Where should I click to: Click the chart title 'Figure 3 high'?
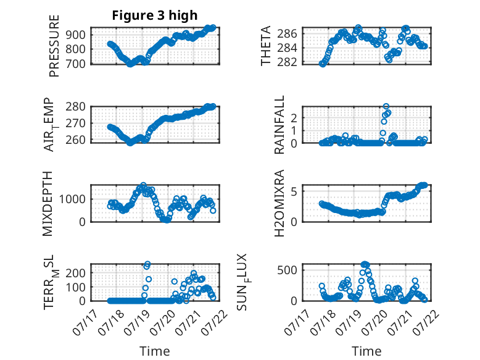click(155, 15)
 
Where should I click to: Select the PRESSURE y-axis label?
click(54, 46)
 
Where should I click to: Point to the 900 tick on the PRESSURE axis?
click(76, 35)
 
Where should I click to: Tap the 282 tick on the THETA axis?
click(287, 62)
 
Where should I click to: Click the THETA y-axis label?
click(266, 46)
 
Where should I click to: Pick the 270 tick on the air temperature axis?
click(76, 123)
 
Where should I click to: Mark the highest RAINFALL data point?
click(386, 107)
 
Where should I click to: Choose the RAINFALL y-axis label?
click(279, 125)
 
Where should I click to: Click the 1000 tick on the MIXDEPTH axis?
click(72, 199)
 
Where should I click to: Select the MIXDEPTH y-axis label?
click(48, 203)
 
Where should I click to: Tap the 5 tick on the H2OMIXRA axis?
click(294, 191)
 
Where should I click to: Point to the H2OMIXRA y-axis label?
click(279, 203)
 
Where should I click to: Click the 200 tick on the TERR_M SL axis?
click(76, 273)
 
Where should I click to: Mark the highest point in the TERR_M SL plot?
click(147, 264)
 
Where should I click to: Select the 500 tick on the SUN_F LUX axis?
click(287, 270)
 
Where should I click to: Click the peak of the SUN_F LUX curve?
click(364, 264)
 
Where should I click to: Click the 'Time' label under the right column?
click(366, 351)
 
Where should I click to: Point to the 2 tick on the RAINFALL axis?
click(294, 118)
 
